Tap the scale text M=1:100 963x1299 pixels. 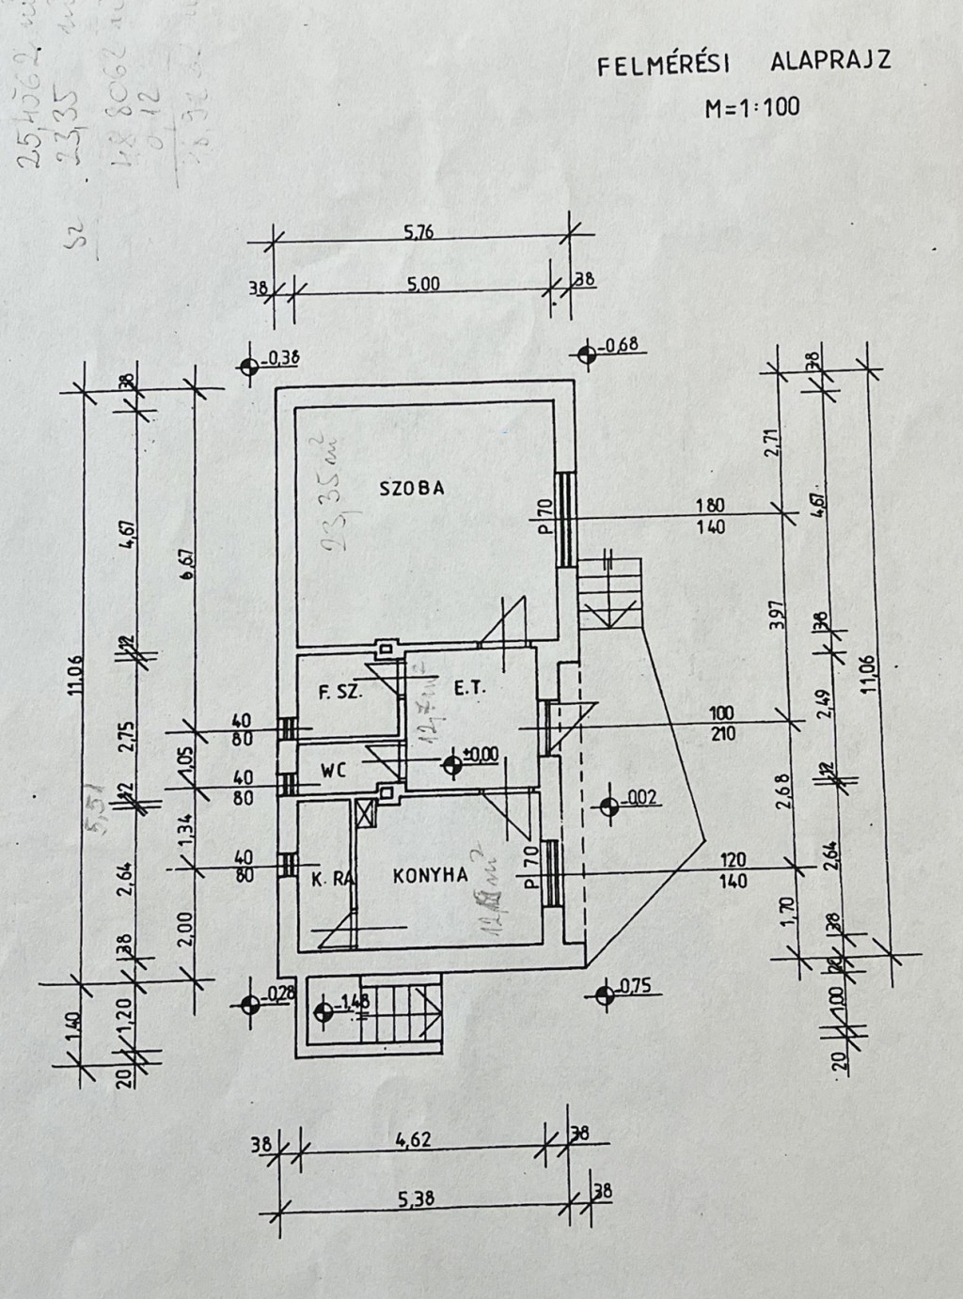(752, 107)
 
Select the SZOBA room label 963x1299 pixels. (411, 488)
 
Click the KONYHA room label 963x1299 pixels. (430, 875)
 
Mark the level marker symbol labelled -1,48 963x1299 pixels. (325, 1013)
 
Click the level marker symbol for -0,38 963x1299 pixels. (249, 368)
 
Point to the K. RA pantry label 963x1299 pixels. (331, 880)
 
